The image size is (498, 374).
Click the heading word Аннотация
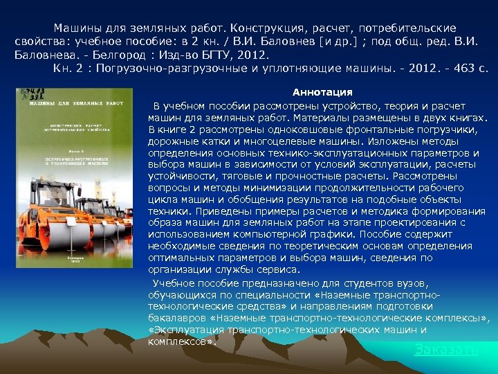click(322, 92)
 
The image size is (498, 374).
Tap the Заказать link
click(446, 349)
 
